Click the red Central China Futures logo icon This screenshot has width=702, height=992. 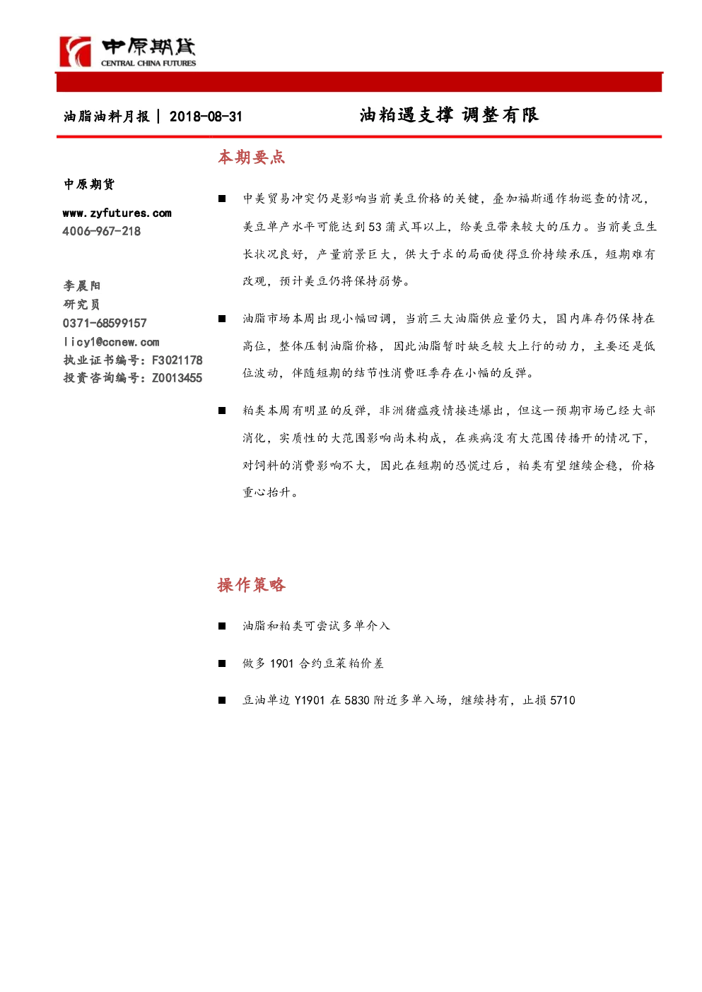[x=76, y=52]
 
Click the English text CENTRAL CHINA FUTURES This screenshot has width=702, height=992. [x=148, y=64]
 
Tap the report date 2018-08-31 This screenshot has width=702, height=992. [x=206, y=117]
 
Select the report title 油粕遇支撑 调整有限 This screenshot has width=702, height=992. [x=449, y=115]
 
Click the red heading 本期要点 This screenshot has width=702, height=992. [x=251, y=158]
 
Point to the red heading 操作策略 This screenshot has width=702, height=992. [x=251, y=585]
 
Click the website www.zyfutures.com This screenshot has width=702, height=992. [x=117, y=213]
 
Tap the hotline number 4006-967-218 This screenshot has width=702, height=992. [x=102, y=231]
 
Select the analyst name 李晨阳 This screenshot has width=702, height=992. [x=82, y=285]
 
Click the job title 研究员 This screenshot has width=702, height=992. [x=81, y=305]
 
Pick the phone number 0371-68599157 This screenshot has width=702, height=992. [x=105, y=323]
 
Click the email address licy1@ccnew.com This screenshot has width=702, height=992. [x=111, y=342]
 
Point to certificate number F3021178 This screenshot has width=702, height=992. [x=177, y=360]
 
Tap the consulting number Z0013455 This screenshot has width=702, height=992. [x=177, y=378]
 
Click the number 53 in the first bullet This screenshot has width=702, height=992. [x=375, y=227]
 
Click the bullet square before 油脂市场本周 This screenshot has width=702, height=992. [x=222, y=319]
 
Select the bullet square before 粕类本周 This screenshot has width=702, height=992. [x=222, y=411]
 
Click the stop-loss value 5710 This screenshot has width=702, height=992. [x=563, y=700]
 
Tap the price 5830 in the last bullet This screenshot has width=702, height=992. [x=357, y=700]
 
